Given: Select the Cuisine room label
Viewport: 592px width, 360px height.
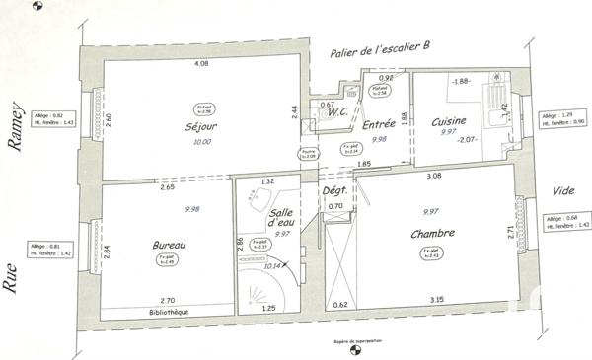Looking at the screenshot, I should [x=449, y=120].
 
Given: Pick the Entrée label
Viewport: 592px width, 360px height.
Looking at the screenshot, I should [x=379, y=125].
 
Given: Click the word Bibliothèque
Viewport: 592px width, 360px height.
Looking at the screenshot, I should [x=163, y=312].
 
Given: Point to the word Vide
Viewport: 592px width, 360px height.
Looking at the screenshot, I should [x=563, y=190].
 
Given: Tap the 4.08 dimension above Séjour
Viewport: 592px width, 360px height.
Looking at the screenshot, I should [x=201, y=63].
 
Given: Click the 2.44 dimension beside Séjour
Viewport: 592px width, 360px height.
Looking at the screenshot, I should [x=295, y=113].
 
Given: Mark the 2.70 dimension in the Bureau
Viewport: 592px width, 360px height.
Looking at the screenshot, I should [x=167, y=300].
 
